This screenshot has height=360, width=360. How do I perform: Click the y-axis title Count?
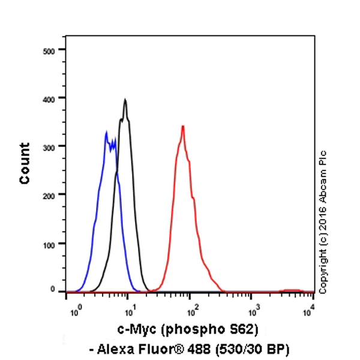click(x=25, y=163)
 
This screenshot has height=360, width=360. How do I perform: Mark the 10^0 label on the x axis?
click(x=75, y=311)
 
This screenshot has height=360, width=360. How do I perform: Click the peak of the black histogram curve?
click(x=125, y=100)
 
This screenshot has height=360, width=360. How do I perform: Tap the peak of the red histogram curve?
click(x=182, y=127)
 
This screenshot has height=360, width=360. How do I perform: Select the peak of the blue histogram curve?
click(x=106, y=133)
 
